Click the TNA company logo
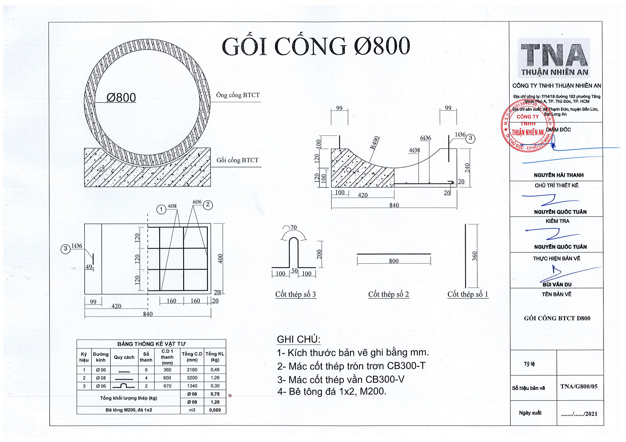(554, 58)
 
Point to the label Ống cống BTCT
(238, 95)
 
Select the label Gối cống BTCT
(237, 160)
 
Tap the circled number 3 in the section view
(470, 139)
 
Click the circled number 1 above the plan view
(161, 209)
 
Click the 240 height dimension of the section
(467, 168)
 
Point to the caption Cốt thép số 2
(389, 294)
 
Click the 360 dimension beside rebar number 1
(475, 256)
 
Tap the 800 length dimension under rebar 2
(394, 261)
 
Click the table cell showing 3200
(192, 378)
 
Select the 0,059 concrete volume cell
(215, 410)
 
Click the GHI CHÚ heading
(299, 339)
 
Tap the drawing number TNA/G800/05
(579, 386)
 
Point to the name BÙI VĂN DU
(557, 284)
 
